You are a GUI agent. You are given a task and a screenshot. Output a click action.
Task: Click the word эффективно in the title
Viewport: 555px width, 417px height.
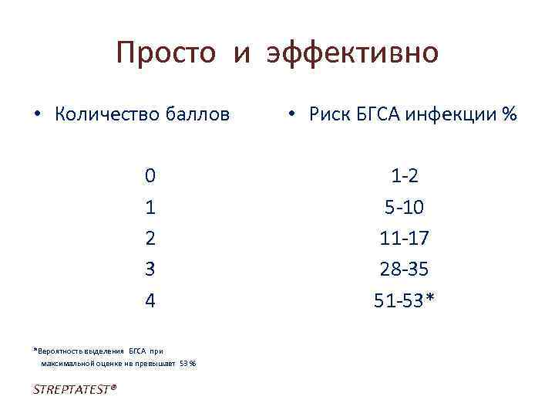point(352,53)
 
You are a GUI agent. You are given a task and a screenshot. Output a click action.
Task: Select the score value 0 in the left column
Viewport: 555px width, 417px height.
point(150,176)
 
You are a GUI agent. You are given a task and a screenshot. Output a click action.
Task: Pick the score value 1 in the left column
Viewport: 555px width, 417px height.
point(150,207)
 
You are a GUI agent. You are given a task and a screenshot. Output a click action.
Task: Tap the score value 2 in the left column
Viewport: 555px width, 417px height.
point(150,238)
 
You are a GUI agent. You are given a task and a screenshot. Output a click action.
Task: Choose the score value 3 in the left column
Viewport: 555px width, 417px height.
point(150,269)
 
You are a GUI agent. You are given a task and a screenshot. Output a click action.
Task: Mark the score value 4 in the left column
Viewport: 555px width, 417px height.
point(150,300)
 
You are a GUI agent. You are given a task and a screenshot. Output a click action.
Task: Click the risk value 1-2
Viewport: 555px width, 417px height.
point(405,176)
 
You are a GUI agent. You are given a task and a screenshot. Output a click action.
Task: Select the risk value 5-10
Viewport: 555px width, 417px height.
point(405,207)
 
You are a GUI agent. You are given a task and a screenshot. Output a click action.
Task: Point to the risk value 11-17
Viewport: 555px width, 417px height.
point(405,238)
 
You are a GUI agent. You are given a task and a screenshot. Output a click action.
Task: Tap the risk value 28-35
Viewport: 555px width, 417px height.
point(405,269)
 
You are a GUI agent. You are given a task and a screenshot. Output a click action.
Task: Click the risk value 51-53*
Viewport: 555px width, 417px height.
point(405,300)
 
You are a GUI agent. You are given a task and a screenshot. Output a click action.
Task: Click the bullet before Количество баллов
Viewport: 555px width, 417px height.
point(37,115)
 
